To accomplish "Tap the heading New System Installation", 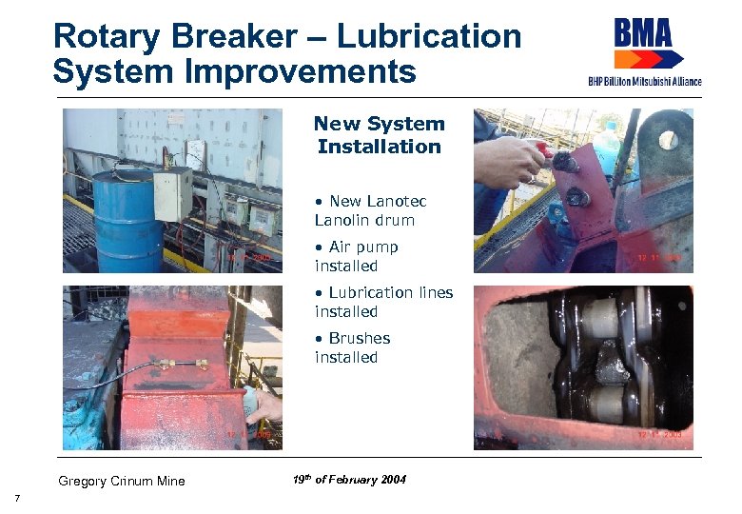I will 379,135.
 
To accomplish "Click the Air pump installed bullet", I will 357,256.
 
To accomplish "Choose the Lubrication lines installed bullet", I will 383,302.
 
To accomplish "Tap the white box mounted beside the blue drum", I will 173,194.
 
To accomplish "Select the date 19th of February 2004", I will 350,480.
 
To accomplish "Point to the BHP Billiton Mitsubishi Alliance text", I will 644,81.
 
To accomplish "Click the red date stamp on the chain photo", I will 659,433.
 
